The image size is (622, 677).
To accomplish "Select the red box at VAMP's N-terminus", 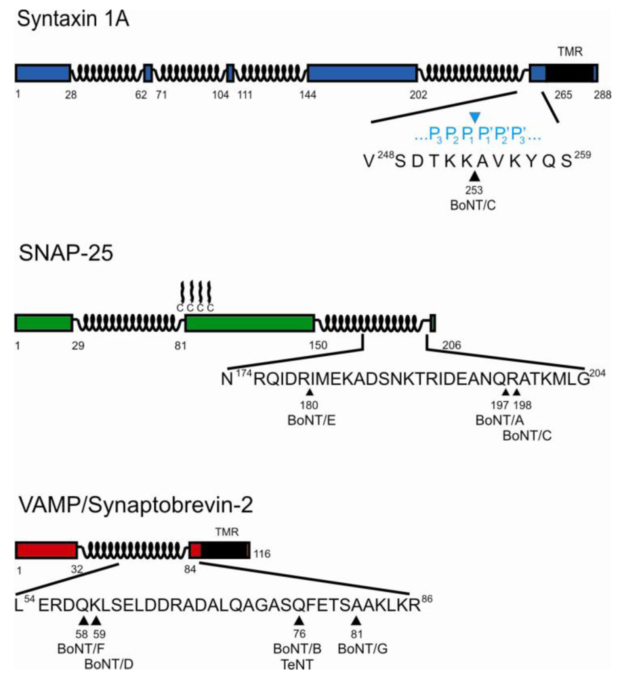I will pyautogui.click(x=45, y=550).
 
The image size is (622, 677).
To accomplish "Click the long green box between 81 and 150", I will pyautogui.click(x=249, y=323).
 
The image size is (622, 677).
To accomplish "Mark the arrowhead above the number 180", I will pyautogui.click(x=310, y=392).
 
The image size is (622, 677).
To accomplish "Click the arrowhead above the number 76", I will pyautogui.click(x=299, y=621).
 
